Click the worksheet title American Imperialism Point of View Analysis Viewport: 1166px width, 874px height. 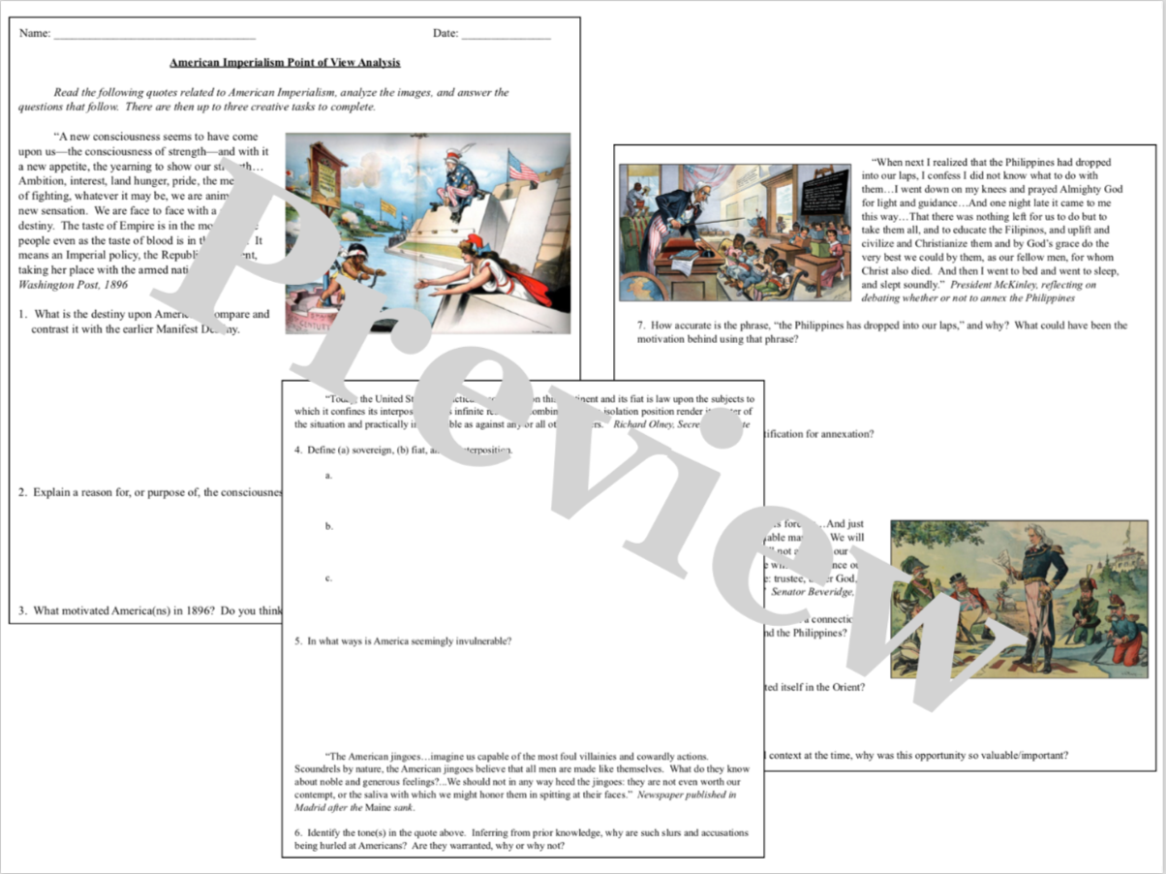tap(285, 62)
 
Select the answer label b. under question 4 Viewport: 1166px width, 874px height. tap(329, 526)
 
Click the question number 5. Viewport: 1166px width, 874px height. tap(299, 640)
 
